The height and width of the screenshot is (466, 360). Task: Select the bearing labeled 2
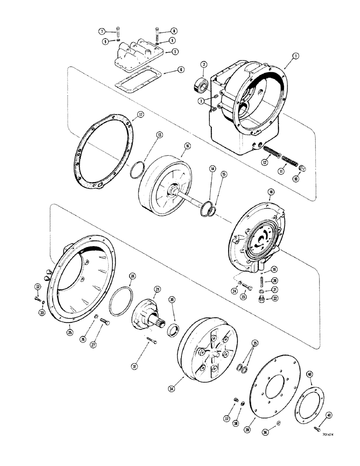click(x=201, y=86)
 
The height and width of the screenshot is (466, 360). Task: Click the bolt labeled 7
click(x=119, y=33)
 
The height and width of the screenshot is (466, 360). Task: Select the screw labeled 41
click(x=316, y=427)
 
